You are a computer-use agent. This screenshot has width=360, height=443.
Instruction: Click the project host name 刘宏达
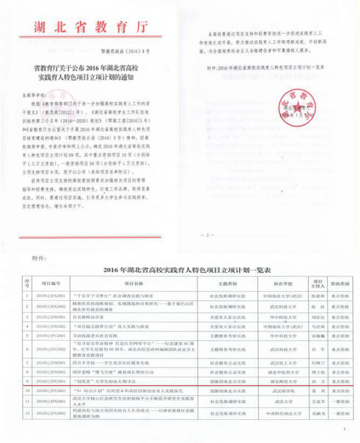[x=317, y=317]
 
